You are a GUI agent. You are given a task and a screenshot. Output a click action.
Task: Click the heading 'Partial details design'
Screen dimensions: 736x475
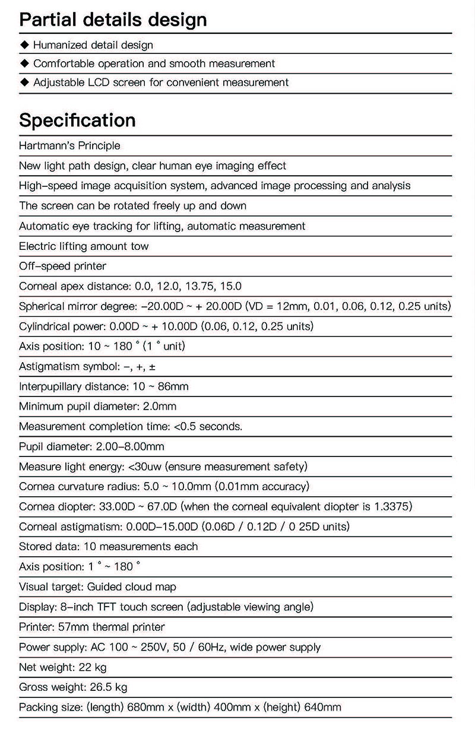[113, 20]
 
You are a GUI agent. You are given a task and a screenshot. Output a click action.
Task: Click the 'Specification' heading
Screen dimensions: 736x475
[77, 120]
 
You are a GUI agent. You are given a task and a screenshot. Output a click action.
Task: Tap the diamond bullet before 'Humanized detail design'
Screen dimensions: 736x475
[24, 45]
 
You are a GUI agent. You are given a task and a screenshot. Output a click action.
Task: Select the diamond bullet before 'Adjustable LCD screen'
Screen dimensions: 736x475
[24, 83]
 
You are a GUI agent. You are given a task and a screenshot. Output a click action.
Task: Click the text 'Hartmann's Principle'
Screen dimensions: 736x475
[69, 145]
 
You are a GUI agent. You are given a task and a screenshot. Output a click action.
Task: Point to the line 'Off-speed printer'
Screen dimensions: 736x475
[63, 266]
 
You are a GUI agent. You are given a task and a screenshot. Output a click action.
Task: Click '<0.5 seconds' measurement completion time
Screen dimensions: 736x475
[207, 427]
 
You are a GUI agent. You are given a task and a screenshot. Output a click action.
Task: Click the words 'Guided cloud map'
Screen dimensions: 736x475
[132, 587]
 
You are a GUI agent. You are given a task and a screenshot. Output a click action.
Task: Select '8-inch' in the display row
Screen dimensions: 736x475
[77, 607]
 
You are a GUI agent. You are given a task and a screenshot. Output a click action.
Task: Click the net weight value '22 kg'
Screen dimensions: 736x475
[93, 667]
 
